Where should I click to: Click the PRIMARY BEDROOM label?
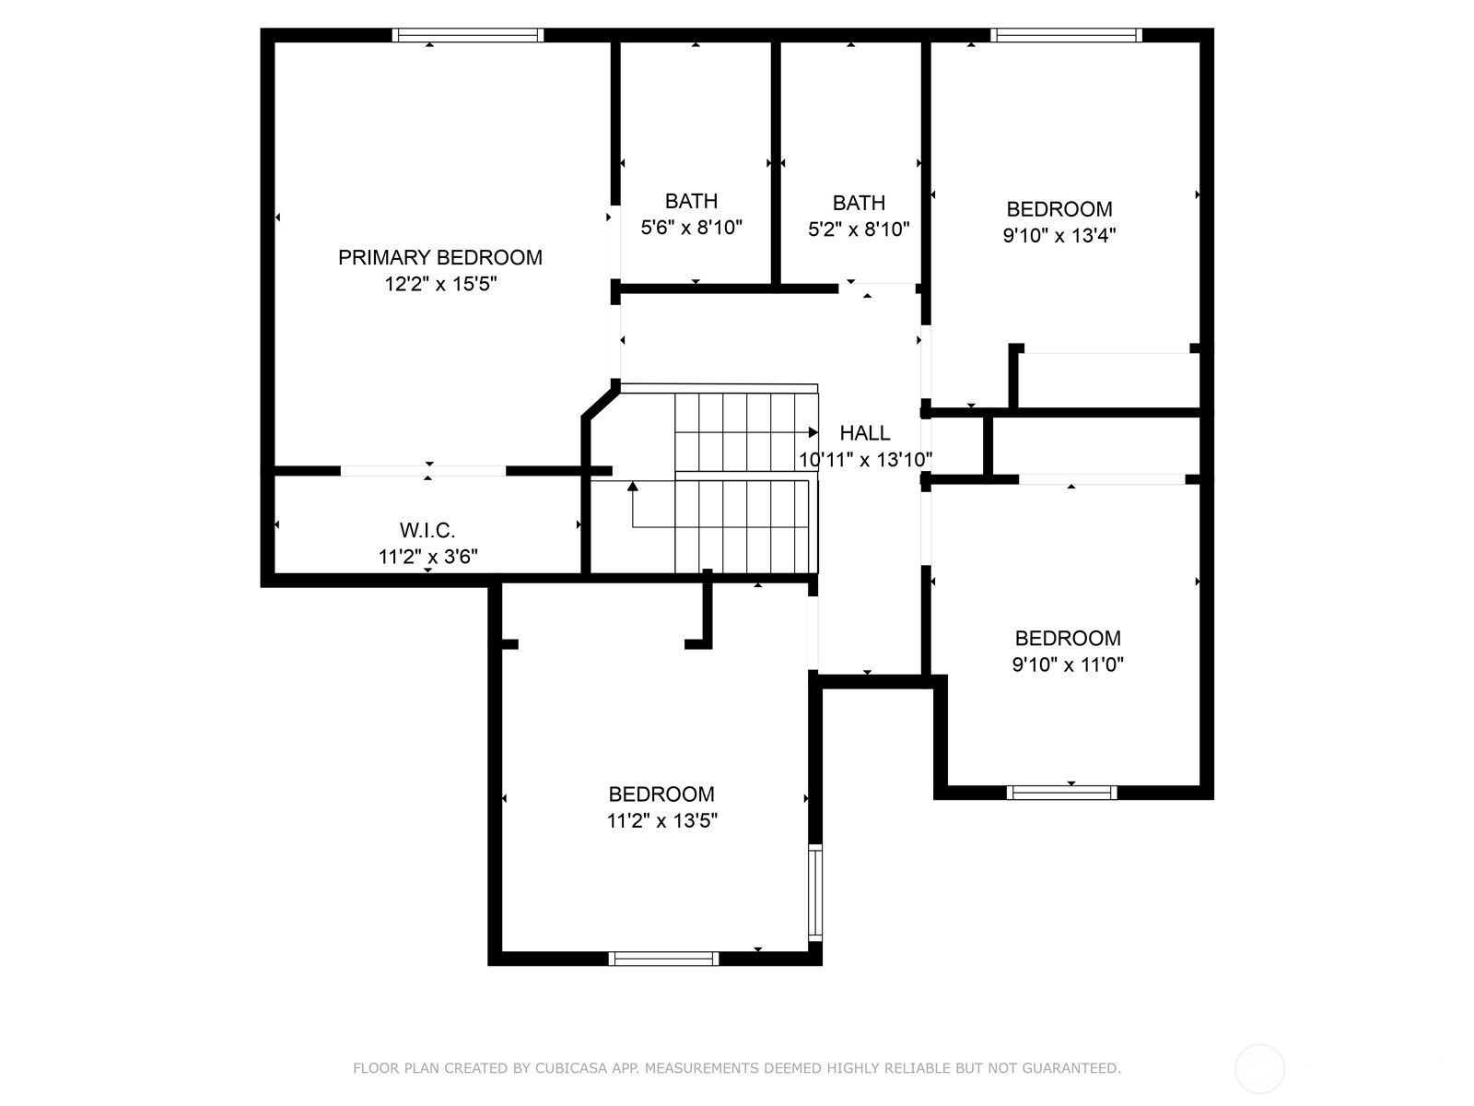[x=439, y=257]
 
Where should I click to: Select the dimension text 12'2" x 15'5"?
[x=440, y=284]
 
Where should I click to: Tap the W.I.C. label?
[x=427, y=530]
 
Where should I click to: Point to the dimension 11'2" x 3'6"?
[x=427, y=557]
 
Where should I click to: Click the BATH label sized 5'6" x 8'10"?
[x=691, y=201]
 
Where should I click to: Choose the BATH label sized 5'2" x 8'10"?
[x=859, y=203]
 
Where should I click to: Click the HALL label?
[x=865, y=433]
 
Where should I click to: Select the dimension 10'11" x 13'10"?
[x=865, y=459]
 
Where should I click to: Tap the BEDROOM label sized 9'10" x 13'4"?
[x=1059, y=209]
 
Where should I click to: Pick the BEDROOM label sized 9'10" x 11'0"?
[x=1068, y=638]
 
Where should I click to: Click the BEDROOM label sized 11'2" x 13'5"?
[x=661, y=794]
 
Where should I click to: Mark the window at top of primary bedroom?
[x=467, y=36]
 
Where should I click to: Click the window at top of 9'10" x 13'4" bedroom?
[x=1066, y=36]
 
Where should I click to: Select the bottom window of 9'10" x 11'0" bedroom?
[x=1061, y=793]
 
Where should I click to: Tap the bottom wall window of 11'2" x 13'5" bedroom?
[x=663, y=959]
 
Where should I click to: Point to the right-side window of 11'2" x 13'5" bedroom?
[x=815, y=891]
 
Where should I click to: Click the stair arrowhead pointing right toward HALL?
[x=813, y=432]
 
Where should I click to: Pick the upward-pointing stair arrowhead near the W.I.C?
[x=633, y=486]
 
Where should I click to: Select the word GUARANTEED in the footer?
[x=1070, y=1068]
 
